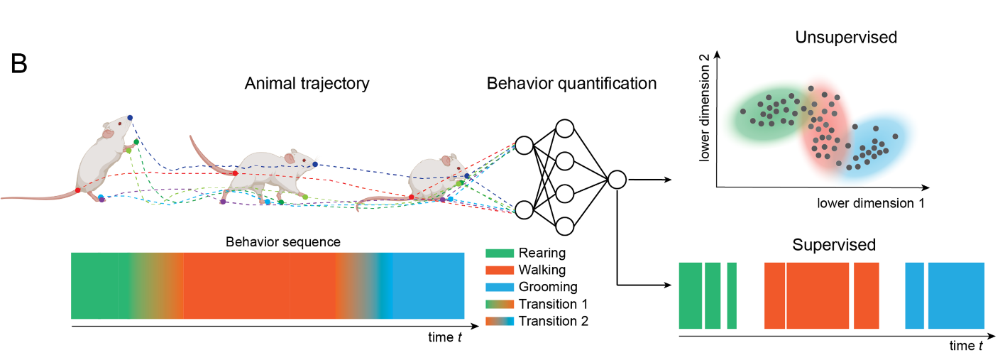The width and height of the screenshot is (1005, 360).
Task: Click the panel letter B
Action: click(x=20, y=63)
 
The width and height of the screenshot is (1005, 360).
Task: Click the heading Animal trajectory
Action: click(x=307, y=84)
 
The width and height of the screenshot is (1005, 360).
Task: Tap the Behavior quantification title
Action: click(x=571, y=84)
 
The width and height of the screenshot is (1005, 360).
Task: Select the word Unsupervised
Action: click(x=846, y=37)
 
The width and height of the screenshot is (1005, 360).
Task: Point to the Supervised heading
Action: click(x=834, y=246)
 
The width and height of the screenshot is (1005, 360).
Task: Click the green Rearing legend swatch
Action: click(x=499, y=253)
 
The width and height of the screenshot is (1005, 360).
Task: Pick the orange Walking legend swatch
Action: click(x=499, y=270)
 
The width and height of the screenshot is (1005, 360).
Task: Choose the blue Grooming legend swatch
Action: click(x=499, y=287)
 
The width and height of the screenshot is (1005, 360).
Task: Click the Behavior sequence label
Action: click(x=283, y=241)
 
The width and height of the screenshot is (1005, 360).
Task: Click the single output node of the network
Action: click(x=616, y=180)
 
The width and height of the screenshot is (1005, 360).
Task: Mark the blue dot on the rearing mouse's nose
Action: click(x=130, y=117)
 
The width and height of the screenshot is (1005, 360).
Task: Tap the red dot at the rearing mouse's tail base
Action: click(x=77, y=190)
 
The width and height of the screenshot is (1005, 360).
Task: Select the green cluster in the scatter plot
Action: click(x=767, y=114)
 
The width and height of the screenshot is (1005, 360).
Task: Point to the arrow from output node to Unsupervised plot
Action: click(x=649, y=180)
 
